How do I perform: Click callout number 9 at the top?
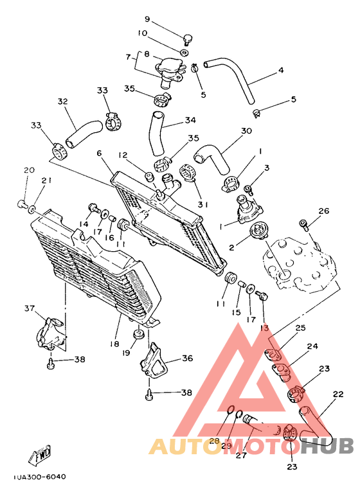pyautogui.click(x=147, y=19)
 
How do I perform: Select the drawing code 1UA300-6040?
pyautogui.click(x=39, y=477)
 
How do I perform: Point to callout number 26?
pyautogui.click(x=323, y=211)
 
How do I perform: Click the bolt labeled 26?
pyautogui.click(x=305, y=224)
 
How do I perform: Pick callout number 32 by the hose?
pyautogui.click(x=62, y=102)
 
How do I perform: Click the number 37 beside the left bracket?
pyautogui.click(x=29, y=309)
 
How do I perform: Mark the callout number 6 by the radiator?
pyautogui.click(x=100, y=153)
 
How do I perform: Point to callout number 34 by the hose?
pyautogui.click(x=190, y=120)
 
